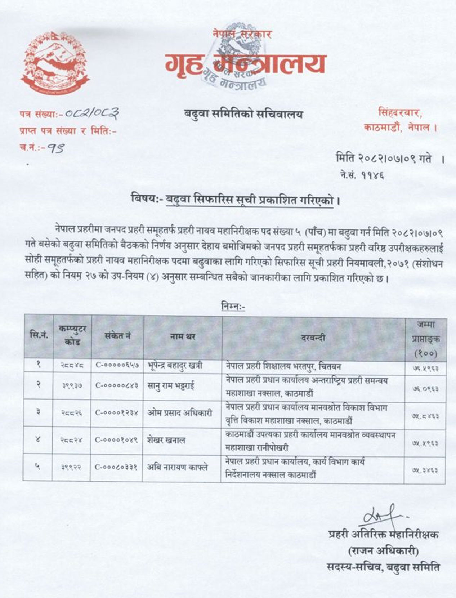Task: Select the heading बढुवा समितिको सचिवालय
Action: click(243, 114)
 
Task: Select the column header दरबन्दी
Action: click(312, 338)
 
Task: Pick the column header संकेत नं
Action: click(117, 336)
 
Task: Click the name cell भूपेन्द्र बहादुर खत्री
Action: click(175, 366)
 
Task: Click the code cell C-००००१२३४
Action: click(116, 413)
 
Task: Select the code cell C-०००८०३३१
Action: click(116, 467)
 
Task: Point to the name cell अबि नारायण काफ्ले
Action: click(177, 467)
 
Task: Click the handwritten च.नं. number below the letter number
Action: click(56, 148)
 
